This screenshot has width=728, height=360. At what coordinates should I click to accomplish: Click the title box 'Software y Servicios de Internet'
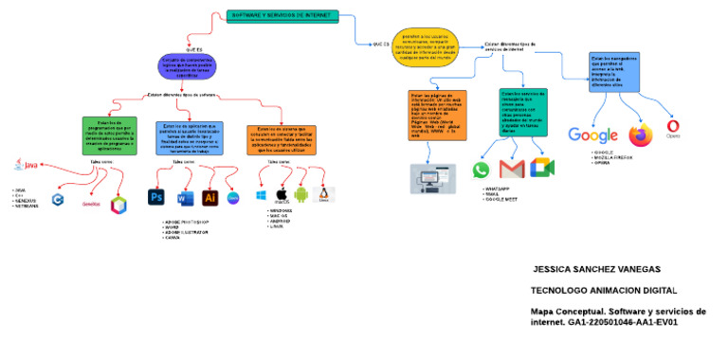282,16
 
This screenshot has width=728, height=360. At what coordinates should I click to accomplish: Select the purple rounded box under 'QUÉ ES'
187,65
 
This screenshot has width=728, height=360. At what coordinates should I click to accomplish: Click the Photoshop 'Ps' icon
156,197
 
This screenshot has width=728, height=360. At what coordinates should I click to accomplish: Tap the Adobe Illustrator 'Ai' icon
209,197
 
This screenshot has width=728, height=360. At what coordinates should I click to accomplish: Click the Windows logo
261,195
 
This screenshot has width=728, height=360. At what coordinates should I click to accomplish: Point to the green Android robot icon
301,194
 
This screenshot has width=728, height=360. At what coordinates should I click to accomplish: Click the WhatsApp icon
482,170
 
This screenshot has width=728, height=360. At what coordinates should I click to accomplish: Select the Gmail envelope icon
511,170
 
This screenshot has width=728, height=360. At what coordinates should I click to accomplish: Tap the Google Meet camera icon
540,169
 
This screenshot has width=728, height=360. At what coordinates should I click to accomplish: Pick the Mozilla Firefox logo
642,135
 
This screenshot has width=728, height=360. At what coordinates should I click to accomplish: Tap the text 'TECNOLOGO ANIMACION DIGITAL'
604,290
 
